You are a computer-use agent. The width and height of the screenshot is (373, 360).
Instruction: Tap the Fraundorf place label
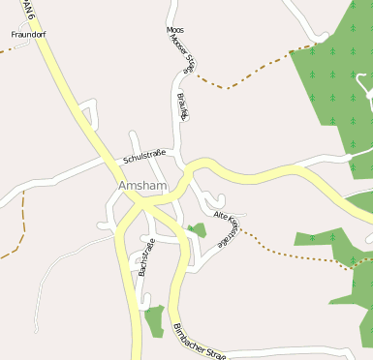coord(29,35)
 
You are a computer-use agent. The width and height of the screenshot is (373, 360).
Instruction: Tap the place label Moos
coord(175,30)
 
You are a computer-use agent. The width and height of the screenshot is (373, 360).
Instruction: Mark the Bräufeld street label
coord(184,106)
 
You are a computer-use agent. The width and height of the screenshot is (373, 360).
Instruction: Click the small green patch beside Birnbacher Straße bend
coord(198,230)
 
